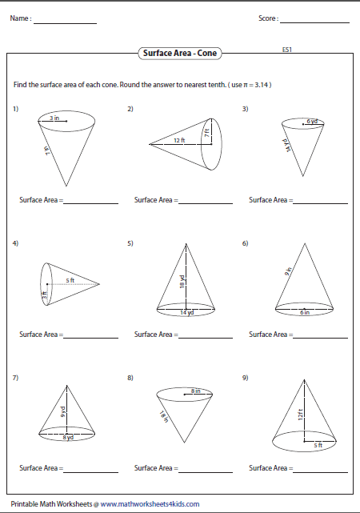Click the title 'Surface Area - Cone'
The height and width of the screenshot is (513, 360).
[x=180, y=53]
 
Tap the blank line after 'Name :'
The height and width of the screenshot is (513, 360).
[x=65, y=23]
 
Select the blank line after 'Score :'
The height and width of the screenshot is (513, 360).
[x=314, y=22]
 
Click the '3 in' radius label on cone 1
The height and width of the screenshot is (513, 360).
[x=54, y=118]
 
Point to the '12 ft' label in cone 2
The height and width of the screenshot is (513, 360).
[x=179, y=140]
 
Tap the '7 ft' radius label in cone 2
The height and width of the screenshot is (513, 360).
[x=206, y=133]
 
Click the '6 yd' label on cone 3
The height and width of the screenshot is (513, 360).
[x=312, y=121]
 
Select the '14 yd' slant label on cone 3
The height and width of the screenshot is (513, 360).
[x=286, y=145]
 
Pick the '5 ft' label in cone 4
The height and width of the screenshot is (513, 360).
[x=70, y=280]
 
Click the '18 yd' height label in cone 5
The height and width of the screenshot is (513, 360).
[x=182, y=282]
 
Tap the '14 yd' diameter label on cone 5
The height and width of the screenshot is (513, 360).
[x=187, y=312]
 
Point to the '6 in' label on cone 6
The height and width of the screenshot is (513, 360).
[x=305, y=312]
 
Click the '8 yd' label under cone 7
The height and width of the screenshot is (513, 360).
[x=68, y=437]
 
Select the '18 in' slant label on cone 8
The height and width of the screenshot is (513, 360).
[x=163, y=416]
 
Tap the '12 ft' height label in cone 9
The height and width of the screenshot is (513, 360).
[x=301, y=415]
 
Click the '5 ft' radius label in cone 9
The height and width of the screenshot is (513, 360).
[x=318, y=445]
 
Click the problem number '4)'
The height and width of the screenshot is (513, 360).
[x=15, y=243]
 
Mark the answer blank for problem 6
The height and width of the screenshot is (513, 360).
[x=321, y=338]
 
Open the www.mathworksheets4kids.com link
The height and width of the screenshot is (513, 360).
[x=150, y=504]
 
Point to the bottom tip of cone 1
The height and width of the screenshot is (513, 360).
[x=66, y=186]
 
